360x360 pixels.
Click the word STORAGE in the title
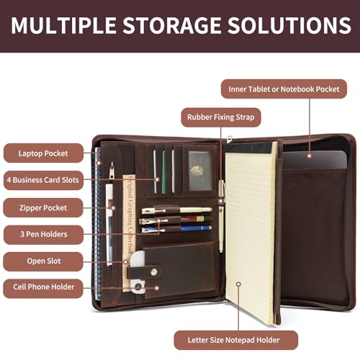pyautogui.click(x=172, y=25)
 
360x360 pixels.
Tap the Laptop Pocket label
pyautogui.click(x=43, y=153)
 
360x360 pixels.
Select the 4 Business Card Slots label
pyautogui.click(x=43, y=180)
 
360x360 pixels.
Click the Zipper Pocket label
pyautogui.click(x=43, y=207)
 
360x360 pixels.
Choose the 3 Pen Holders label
pyautogui.click(x=43, y=235)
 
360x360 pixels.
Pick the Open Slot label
pyautogui.click(x=43, y=261)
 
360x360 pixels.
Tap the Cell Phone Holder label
pyautogui.click(x=43, y=287)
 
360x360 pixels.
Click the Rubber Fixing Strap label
pyautogui.click(x=221, y=117)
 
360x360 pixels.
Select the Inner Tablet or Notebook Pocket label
pyautogui.click(x=284, y=89)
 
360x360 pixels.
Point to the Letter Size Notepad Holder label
pyautogui.click(x=236, y=340)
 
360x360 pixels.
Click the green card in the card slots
pyautogui.click(x=163, y=172)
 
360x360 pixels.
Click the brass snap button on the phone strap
pyautogui.click(x=154, y=272)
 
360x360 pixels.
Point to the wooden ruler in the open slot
pyautogui.click(x=129, y=233)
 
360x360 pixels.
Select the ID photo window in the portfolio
pyautogui.click(x=200, y=171)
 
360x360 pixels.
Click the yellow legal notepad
pyautogui.click(x=250, y=233)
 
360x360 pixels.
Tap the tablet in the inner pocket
pyautogui.click(x=315, y=160)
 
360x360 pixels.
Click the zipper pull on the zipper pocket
pyautogui.click(x=112, y=171)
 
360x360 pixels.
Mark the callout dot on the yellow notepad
pyautogui.click(x=238, y=284)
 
